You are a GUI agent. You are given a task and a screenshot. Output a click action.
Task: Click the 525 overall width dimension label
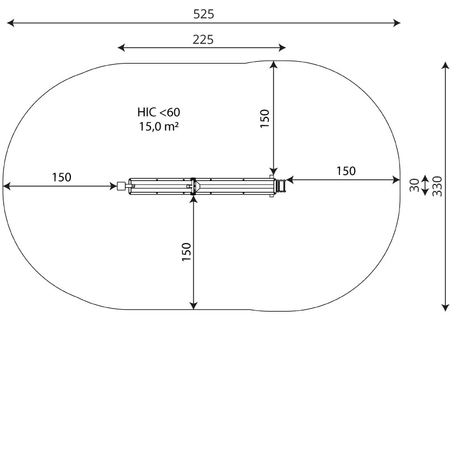[x=204, y=14]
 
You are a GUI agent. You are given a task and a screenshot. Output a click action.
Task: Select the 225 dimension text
[x=203, y=40]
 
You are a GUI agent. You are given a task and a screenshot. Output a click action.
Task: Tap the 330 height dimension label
[x=437, y=187]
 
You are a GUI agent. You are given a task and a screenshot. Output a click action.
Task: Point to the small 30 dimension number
[x=415, y=185]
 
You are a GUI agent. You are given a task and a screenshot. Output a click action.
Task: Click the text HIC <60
[x=159, y=112]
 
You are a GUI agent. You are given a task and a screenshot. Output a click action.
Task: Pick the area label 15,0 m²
[x=159, y=127]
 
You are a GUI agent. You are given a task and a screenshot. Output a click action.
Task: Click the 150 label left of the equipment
[x=61, y=177]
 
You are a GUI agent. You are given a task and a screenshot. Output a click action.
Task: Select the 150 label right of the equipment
[x=346, y=171]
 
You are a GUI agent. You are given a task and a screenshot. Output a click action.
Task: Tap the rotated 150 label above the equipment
[x=264, y=119]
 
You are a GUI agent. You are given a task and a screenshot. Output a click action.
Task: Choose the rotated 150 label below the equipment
[x=187, y=252]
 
